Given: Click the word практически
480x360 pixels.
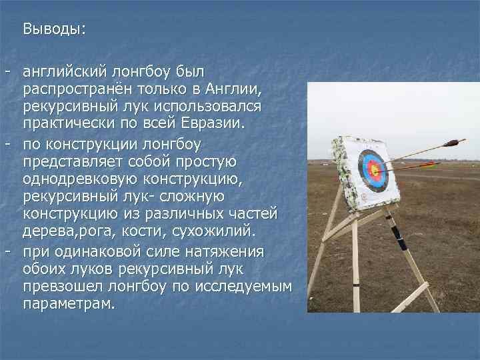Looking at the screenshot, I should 65,125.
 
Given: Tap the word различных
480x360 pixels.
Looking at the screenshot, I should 165,215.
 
